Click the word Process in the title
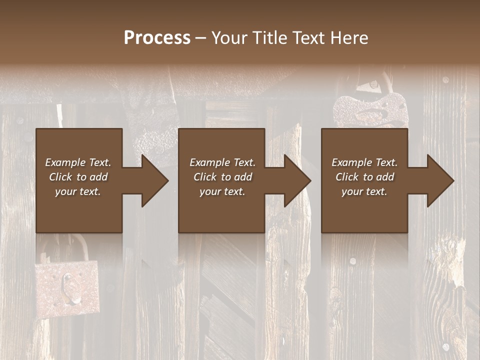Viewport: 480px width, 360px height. (157, 38)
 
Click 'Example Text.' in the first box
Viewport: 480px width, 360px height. (78, 162)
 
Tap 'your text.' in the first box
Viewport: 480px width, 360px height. (78, 191)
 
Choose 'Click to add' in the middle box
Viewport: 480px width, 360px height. (222, 177)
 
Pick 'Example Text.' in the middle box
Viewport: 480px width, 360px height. (222, 162)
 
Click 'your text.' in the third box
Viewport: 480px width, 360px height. (364, 191)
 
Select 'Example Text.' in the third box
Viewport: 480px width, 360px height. (364, 162)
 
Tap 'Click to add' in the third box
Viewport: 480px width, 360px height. (364, 177)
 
